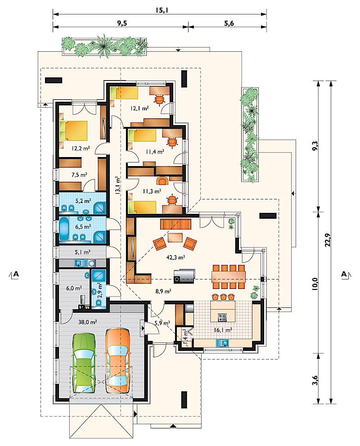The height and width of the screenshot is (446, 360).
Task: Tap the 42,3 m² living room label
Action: tap(176, 257)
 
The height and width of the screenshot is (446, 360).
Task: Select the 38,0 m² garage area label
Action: tap(88, 322)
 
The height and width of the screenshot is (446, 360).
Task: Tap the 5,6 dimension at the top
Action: tap(229, 23)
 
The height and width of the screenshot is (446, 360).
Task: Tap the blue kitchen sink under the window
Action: tap(223, 343)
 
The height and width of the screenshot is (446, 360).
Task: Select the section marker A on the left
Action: tap(16, 274)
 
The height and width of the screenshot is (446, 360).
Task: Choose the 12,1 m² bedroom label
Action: tap(139, 108)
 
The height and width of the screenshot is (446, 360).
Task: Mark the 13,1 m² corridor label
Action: tap(117, 186)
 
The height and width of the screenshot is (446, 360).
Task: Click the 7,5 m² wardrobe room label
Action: tap(79, 175)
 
